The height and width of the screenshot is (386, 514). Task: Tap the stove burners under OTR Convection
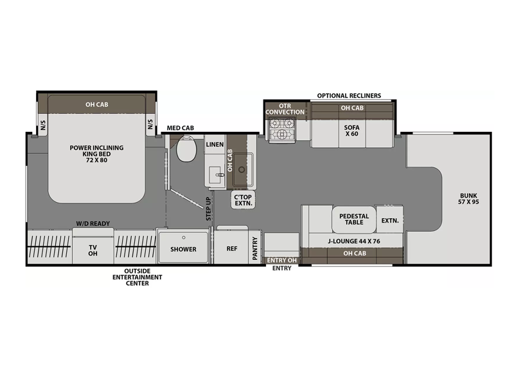tap(281, 129)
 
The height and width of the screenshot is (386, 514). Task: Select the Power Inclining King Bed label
tap(97, 154)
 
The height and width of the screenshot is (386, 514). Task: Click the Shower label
tap(183, 250)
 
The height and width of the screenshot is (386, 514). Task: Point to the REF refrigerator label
tap(232, 249)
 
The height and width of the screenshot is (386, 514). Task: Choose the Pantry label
tap(254, 248)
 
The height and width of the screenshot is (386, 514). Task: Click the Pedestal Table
tap(354, 219)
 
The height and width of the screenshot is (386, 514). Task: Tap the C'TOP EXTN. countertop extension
tap(244, 200)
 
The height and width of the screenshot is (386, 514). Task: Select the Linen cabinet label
tap(215, 144)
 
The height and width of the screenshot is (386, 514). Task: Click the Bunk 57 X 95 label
tap(468, 199)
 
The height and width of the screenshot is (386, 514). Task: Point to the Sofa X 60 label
tap(351, 131)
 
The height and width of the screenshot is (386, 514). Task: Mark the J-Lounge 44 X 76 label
tap(354, 241)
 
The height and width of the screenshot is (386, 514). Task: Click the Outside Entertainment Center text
tap(137, 277)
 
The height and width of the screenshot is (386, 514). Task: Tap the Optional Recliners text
tap(349, 96)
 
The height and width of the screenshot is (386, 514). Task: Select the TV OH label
tap(93, 250)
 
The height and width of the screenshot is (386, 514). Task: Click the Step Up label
tap(208, 208)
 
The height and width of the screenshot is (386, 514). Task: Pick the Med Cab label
tap(181, 128)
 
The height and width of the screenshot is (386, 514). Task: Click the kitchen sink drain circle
tap(242, 170)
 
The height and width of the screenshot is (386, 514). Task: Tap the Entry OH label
tap(282, 261)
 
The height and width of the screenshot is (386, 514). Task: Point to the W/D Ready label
tap(93, 223)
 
